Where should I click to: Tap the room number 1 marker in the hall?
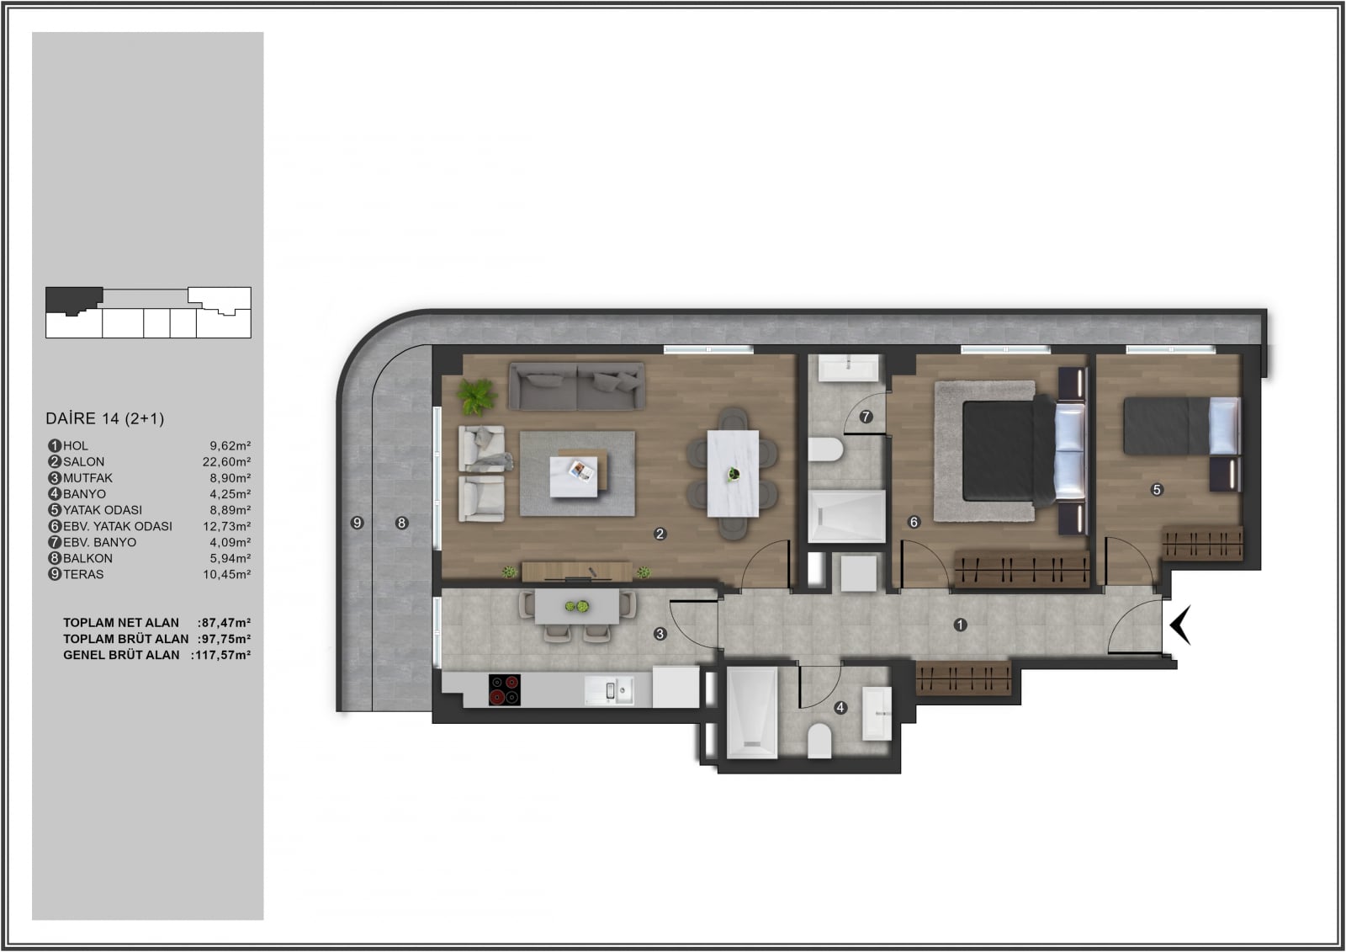pos(960,625)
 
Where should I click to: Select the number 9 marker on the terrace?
pos(357,523)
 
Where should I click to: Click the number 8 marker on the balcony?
pos(402,523)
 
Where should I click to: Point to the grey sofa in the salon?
pos(577,386)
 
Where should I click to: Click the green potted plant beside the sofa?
pos(476,396)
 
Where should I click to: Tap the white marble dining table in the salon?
pos(733,473)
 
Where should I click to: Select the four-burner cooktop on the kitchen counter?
pos(504,689)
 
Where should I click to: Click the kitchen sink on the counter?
pos(609,690)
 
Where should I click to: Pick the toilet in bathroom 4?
pos(819,741)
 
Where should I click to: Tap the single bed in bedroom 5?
pos(1182,426)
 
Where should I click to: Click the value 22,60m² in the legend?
pos(226,462)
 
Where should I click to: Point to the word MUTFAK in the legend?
pos(87,478)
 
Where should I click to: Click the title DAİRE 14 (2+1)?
pos(105,418)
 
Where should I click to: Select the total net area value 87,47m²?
pos(226,623)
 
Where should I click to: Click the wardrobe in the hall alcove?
pos(964,678)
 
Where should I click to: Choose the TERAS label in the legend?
pos(83,574)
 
